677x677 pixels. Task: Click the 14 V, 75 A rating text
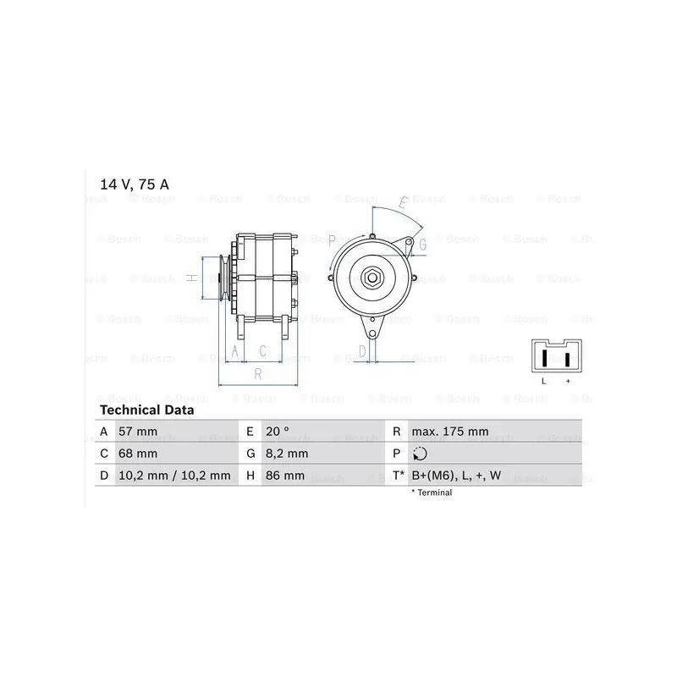(x=135, y=184)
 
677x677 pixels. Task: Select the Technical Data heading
(x=146, y=410)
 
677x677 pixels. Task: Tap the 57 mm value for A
(x=138, y=432)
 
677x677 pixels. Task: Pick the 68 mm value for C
(x=138, y=454)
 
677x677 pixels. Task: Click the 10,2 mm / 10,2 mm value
(x=174, y=476)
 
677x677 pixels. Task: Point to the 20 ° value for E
(x=278, y=432)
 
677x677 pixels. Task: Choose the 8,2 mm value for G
(x=287, y=454)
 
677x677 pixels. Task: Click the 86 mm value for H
(x=285, y=476)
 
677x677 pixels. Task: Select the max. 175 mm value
(x=450, y=432)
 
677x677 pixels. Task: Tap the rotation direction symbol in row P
(x=420, y=454)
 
